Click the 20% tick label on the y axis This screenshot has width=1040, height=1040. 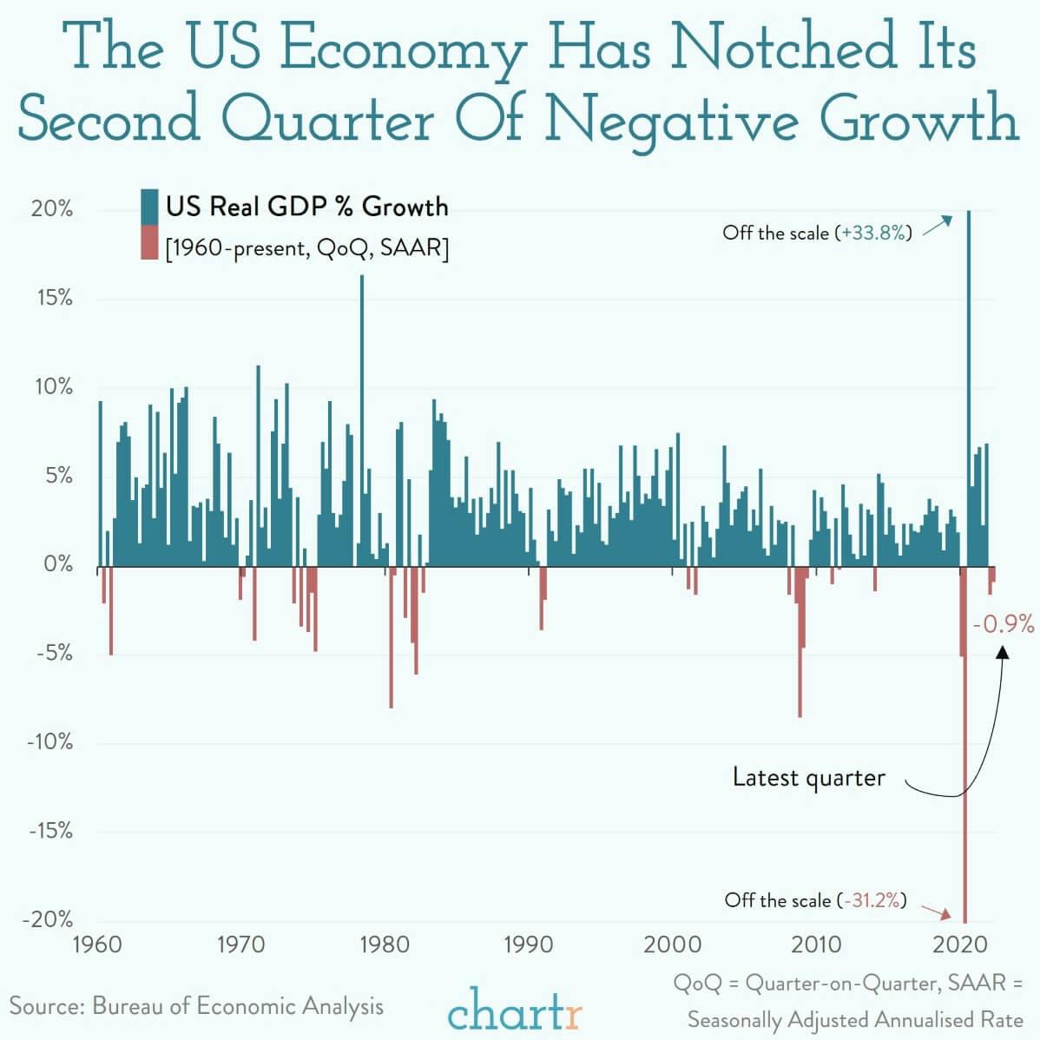point(53,210)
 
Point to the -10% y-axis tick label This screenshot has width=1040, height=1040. point(49,743)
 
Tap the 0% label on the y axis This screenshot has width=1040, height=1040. point(58,564)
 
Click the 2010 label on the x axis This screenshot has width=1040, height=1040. point(816,944)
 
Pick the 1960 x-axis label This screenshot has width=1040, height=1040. point(97,944)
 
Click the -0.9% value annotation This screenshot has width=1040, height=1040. point(1004,623)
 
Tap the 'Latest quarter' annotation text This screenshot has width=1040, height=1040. point(808,777)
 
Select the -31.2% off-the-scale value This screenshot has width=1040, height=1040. point(872,900)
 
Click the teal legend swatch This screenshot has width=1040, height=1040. point(148,207)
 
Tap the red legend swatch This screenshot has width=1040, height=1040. point(148,243)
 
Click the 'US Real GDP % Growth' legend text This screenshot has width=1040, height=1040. point(307,207)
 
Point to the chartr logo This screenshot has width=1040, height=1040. point(515,1009)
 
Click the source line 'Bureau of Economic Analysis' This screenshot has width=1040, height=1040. point(237,1006)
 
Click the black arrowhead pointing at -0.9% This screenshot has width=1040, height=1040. point(1003,653)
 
